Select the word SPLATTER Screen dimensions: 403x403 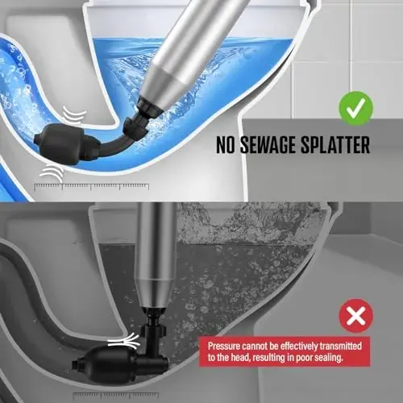338,147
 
